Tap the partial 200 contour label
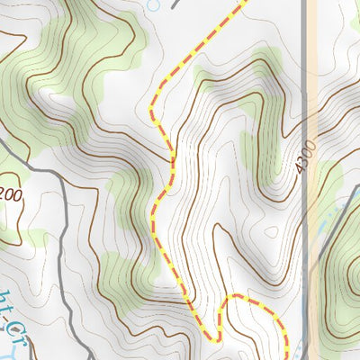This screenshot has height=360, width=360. [9, 193]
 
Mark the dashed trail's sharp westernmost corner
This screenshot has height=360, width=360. [150, 108]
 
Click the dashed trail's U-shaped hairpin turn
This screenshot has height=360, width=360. [214, 338]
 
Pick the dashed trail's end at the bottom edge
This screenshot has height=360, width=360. [285, 357]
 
